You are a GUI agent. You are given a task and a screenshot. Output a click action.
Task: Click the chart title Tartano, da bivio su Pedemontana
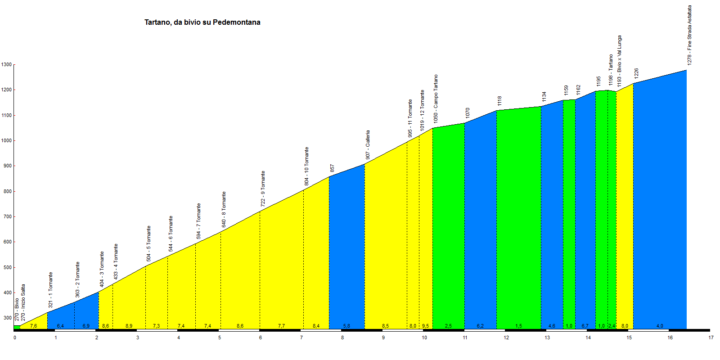(x=202, y=22)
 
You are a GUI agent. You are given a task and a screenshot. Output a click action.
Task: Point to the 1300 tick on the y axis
(x=6, y=65)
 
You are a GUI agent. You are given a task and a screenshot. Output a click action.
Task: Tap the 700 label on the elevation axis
(x=6, y=217)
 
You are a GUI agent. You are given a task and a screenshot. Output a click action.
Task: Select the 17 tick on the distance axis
(x=711, y=337)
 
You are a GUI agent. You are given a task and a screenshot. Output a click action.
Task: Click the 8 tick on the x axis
(x=342, y=337)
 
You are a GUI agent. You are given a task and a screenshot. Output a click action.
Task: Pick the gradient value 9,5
(x=425, y=326)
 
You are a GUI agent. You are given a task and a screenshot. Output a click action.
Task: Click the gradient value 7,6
(x=33, y=326)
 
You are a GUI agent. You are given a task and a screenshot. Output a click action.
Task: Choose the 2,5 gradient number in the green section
(x=448, y=326)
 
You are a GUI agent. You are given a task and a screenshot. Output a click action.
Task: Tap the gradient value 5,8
(x=346, y=326)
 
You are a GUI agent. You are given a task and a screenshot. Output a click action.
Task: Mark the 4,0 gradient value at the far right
(x=660, y=326)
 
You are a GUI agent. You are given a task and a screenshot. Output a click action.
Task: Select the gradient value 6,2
(x=480, y=326)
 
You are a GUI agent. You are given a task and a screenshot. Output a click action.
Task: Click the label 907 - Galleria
(x=368, y=145)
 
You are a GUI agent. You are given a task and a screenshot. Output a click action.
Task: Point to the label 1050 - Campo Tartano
(x=436, y=99)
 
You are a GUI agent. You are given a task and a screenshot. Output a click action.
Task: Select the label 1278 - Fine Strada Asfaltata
(x=689, y=35)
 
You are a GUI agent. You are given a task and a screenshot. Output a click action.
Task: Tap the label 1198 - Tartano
(x=611, y=70)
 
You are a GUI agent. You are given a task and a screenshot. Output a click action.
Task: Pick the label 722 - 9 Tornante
(x=263, y=189)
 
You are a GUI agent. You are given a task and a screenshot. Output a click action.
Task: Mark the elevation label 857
(x=332, y=168)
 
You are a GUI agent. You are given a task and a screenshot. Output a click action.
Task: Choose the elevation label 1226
(x=636, y=73)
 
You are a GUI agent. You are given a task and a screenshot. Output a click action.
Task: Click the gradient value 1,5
(x=518, y=326)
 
